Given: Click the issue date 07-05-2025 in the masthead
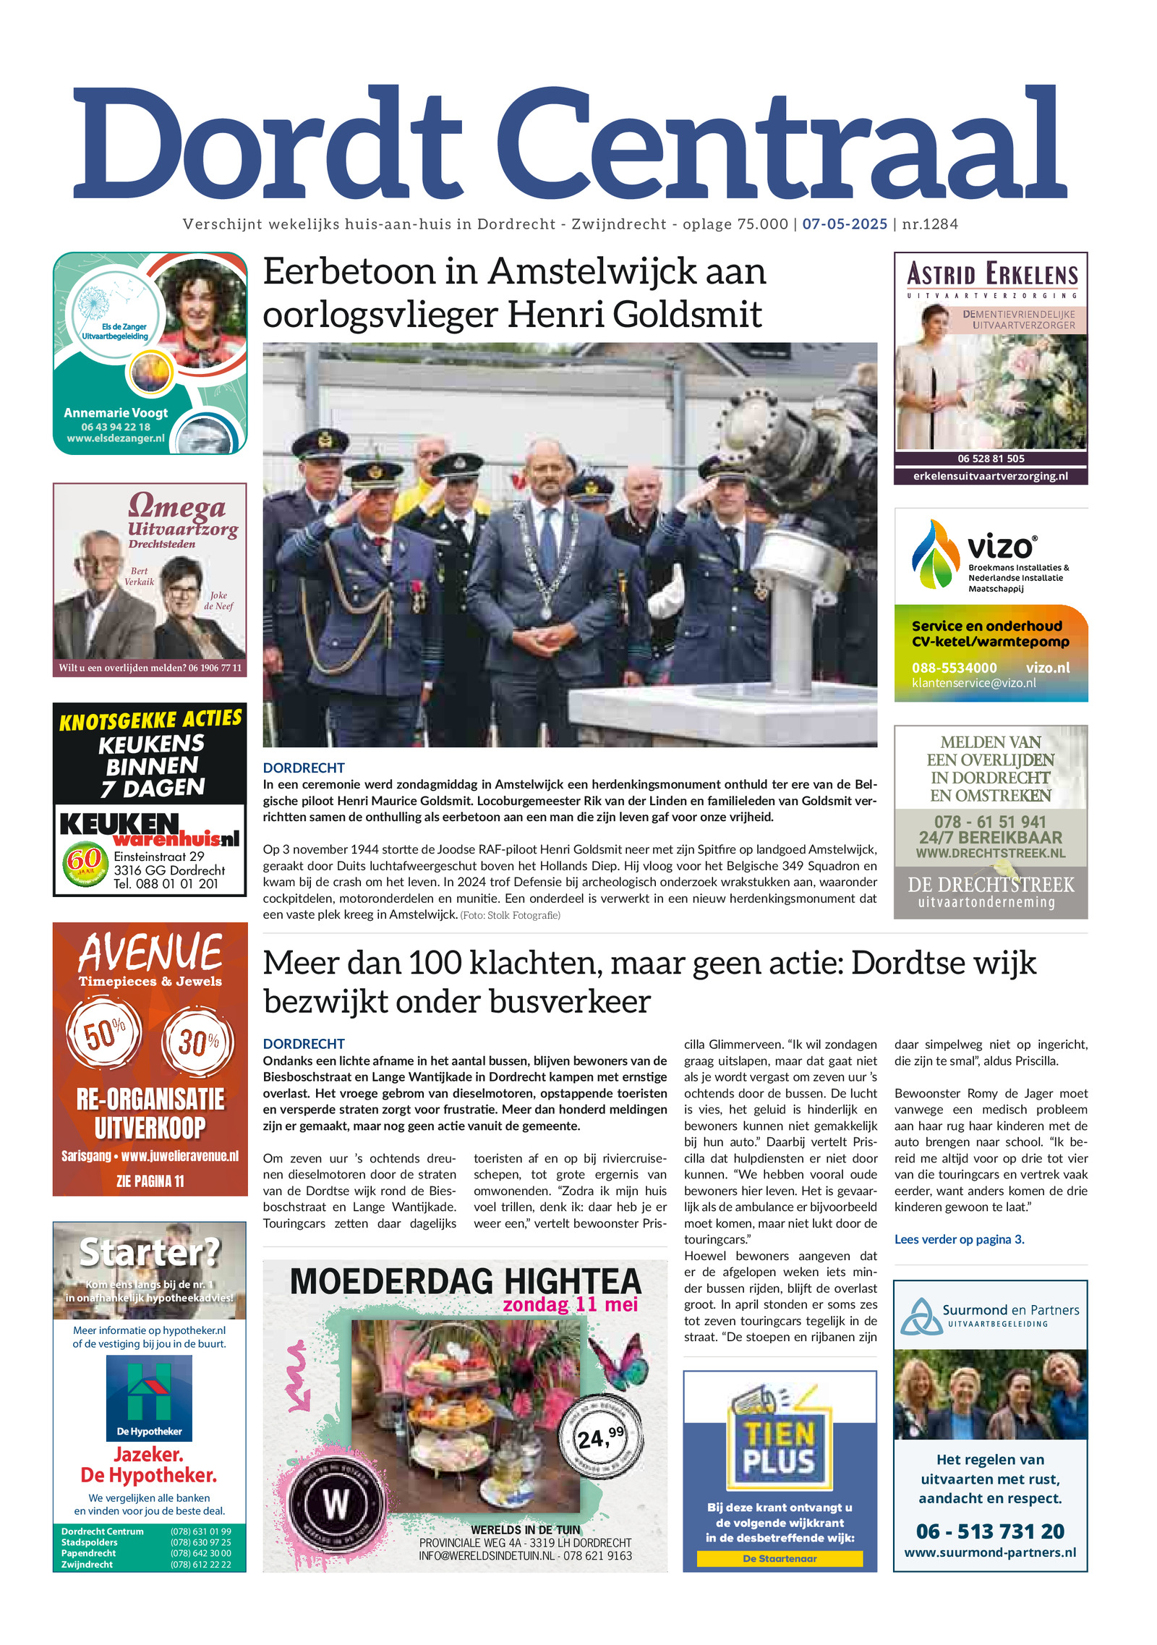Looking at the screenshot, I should coord(844,224).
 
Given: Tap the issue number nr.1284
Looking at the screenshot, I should coord(930,224).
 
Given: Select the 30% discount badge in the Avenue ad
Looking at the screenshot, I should coord(197,1042).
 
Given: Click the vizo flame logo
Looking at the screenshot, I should coord(935,554).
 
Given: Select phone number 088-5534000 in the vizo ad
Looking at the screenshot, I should coord(954,668).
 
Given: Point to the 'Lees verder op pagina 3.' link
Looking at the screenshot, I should coord(959,1239).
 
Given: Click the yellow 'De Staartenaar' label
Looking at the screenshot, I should coord(780,1559).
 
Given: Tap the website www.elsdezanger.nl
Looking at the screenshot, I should coord(116,438).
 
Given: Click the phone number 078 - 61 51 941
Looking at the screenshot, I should coord(990,822).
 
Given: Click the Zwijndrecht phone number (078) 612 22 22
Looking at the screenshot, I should coord(200,1564).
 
